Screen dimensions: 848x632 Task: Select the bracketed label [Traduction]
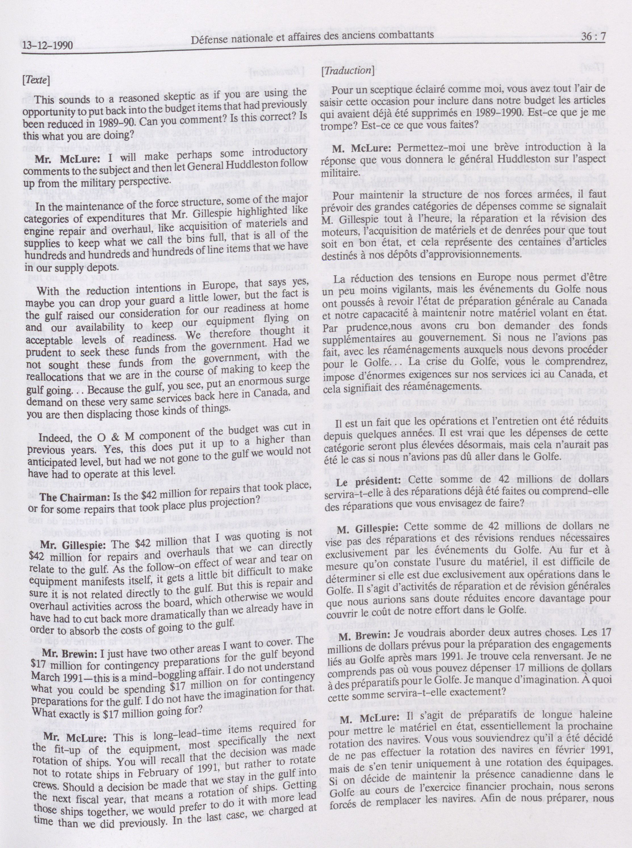[347, 70]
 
